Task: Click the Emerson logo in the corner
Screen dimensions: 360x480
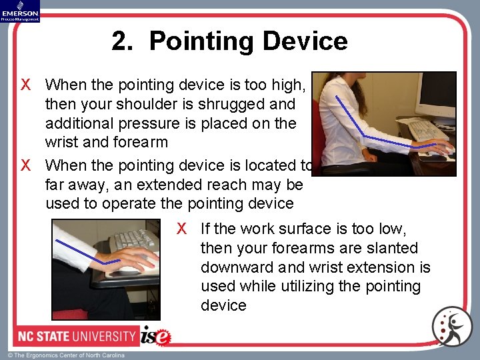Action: [x=20, y=11]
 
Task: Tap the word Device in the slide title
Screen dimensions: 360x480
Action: [x=304, y=41]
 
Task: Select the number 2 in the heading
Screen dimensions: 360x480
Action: [x=120, y=41]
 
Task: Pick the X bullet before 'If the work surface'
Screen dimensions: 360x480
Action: [x=181, y=229]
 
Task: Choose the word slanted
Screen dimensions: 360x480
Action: [x=393, y=248]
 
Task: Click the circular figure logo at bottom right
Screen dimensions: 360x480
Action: [x=451, y=327]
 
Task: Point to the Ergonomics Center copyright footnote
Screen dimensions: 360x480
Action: [x=66, y=355]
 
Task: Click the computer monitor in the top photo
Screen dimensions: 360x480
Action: [x=436, y=93]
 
